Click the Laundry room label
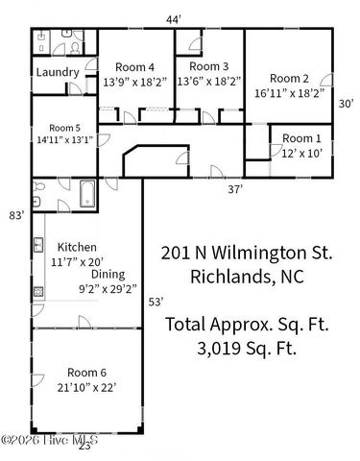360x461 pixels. click(x=57, y=73)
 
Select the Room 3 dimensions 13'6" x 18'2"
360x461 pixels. click(x=208, y=82)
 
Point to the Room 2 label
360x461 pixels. click(x=288, y=79)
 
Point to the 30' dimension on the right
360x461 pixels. click(x=347, y=104)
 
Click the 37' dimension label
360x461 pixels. click(x=233, y=190)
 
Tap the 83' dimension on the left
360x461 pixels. click(x=16, y=216)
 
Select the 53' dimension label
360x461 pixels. click(x=155, y=303)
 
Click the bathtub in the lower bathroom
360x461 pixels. click(x=85, y=195)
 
